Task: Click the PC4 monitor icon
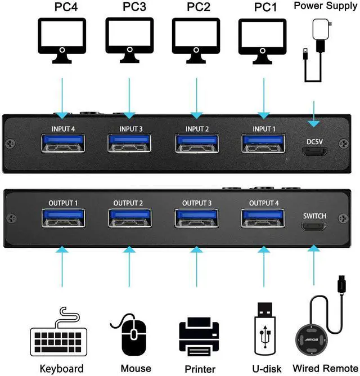(x=62, y=40)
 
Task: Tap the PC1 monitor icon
(x=261, y=40)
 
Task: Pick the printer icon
(x=197, y=337)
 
